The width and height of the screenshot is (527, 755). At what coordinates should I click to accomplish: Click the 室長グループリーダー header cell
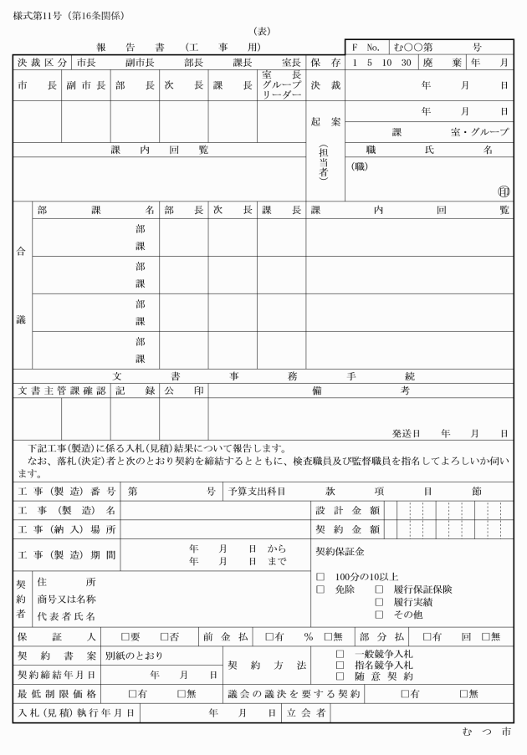(281, 85)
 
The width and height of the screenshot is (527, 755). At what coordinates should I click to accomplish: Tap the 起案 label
(325, 122)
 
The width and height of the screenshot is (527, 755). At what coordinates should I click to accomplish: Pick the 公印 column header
(183, 390)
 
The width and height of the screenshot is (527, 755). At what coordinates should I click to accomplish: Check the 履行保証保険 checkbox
(379, 589)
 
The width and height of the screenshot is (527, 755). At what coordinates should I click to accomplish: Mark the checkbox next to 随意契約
(340, 676)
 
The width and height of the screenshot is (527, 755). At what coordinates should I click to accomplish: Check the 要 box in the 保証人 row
(125, 636)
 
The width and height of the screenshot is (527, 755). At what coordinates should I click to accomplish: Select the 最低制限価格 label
(58, 693)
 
